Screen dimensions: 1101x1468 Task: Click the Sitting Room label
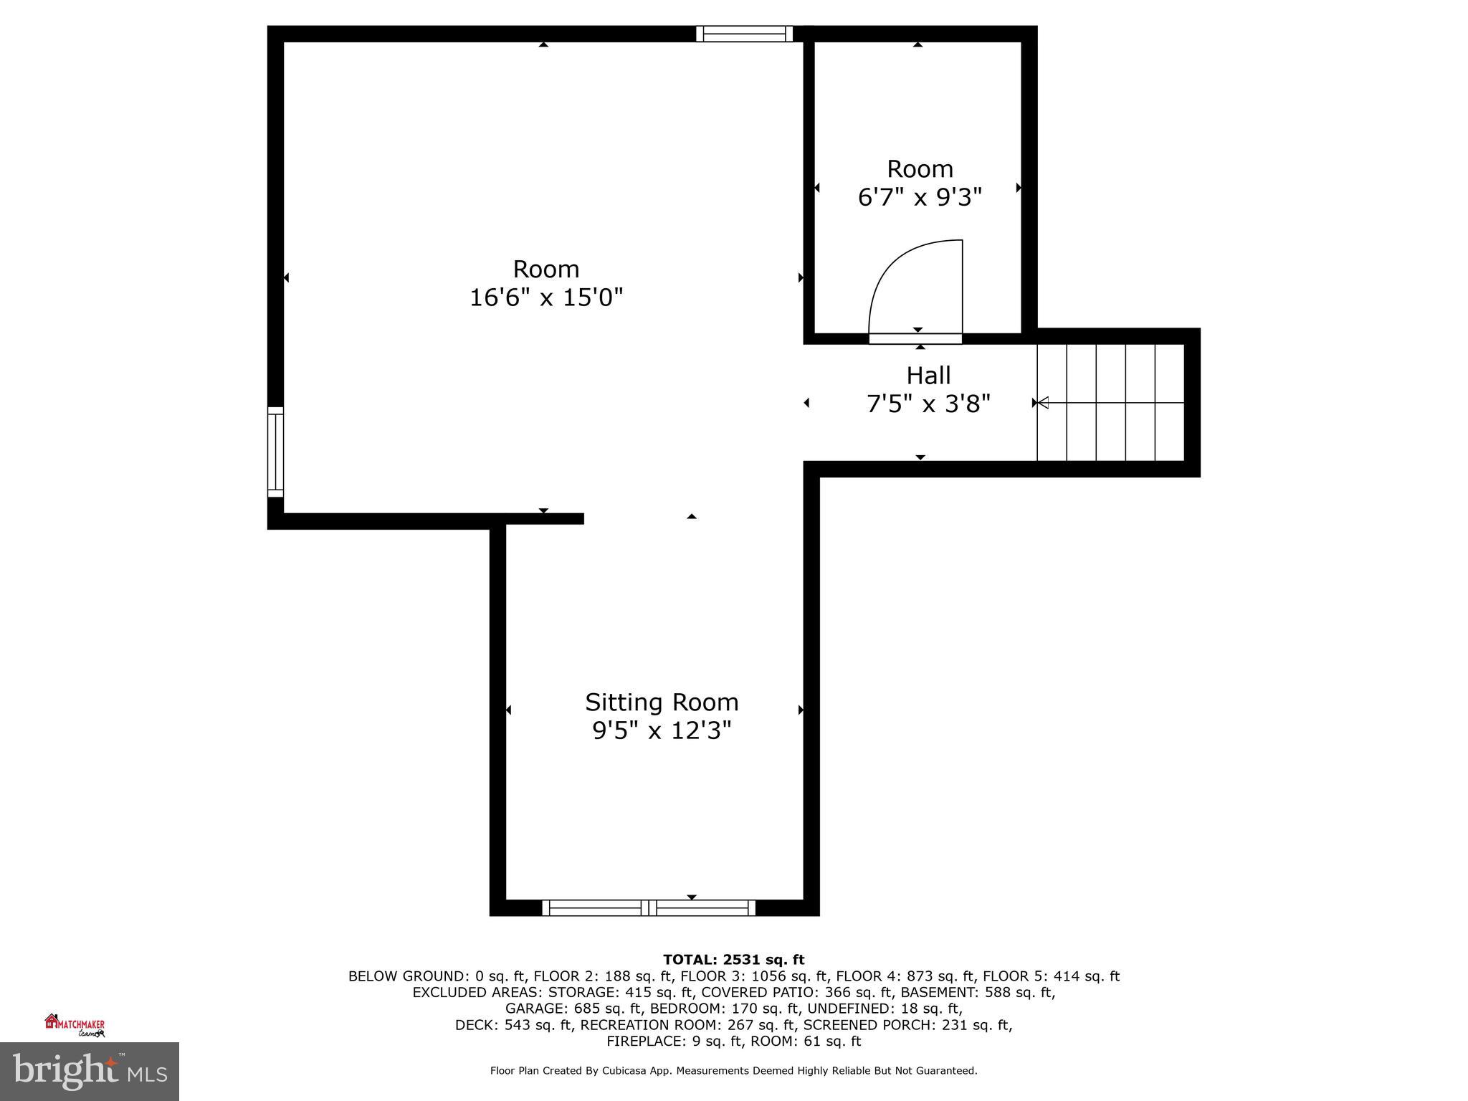pos(661,702)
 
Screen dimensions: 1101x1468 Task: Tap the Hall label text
pos(928,376)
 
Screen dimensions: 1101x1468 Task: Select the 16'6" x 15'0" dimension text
pos(546,297)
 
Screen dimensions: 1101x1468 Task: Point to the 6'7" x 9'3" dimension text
pos(919,197)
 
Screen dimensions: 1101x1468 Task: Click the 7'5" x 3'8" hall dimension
pos(928,404)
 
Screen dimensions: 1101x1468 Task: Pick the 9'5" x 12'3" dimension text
pos(661,730)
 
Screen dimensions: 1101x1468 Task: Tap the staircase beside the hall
pos(1111,402)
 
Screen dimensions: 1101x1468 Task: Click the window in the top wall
pos(744,34)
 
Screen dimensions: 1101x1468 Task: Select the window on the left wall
pos(275,452)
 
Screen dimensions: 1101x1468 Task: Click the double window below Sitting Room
pos(649,907)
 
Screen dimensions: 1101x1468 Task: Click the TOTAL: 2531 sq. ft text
pos(733,960)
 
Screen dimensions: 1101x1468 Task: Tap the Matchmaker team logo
pos(75,1025)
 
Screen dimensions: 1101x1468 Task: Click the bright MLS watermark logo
pos(90,1071)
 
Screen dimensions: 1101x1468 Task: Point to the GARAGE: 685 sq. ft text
pos(574,1009)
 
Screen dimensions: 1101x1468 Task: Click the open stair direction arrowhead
pos(1043,403)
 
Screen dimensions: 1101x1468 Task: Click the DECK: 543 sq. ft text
pos(513,1025)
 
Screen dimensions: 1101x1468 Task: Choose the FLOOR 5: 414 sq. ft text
pos(1051,976)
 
